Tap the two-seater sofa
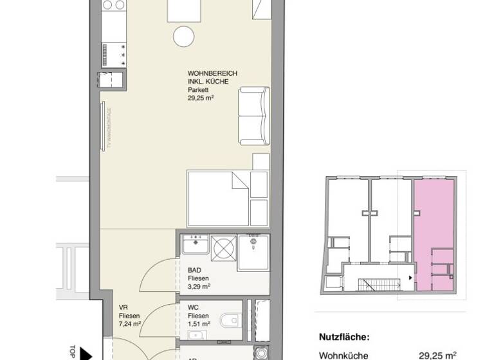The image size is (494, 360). pos(253,116)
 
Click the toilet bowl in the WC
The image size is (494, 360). pos(229,319)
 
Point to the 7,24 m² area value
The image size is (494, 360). pos(130,324)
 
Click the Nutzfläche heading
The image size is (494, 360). pos(344,336)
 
